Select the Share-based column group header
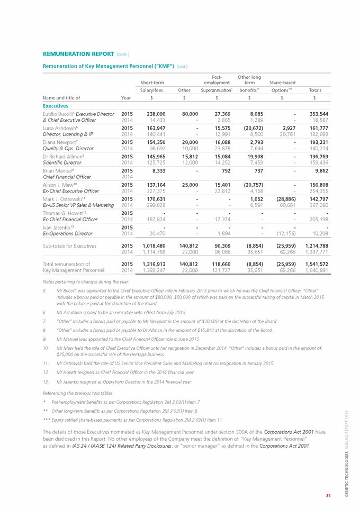(x=283, y=83)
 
